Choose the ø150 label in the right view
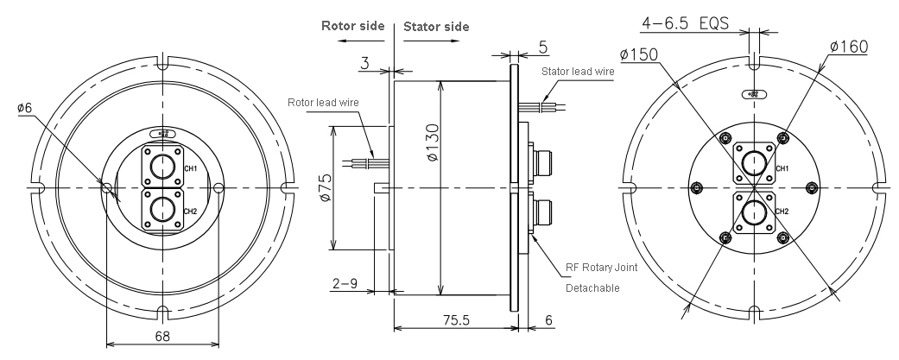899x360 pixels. tap(641, 54)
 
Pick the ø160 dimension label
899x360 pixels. tap(850, 45)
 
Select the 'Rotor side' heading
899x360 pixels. tap(352, 26)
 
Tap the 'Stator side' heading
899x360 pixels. tap(436, 26)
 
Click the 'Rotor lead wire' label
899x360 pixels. tap(325, 103)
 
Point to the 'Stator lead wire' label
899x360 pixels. tap(578, 71)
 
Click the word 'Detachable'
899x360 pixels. tap(592, 287)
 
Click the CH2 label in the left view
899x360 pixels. tap(190, 211)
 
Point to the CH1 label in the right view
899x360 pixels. tap(781, 167)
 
